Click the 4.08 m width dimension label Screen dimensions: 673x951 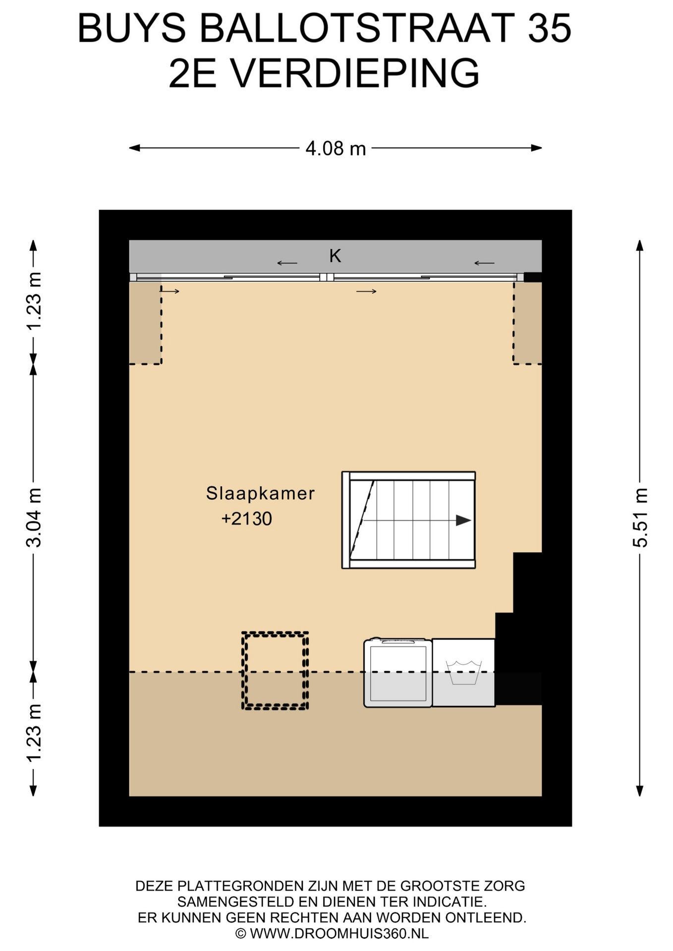(336, 148)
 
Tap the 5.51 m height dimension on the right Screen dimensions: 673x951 (640, 517)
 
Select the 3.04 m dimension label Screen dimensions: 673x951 (34, 517)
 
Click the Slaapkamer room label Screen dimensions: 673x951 (260, 493)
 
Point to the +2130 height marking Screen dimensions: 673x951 (247, 519)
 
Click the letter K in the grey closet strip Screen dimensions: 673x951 (336, 256)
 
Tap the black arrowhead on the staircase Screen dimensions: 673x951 (463, 520)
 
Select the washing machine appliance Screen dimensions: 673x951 (398, 673)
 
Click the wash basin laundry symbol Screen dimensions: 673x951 (463, 673)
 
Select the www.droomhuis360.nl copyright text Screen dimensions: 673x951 (332, 934)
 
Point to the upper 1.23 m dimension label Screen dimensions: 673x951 (34, 301)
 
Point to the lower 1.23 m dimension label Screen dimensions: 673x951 (34, 733)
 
